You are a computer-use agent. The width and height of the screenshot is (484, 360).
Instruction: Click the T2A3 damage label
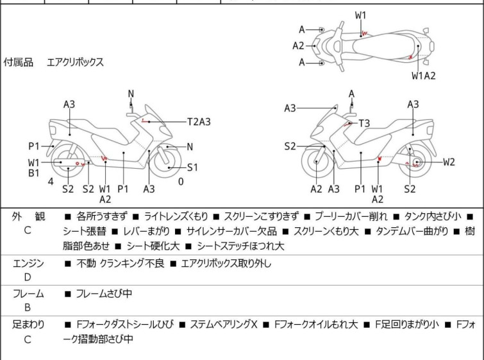click(x=199, y=121)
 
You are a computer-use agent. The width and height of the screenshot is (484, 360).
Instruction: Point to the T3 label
click(x=364, y=123)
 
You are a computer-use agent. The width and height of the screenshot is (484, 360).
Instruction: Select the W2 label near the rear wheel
click(x=448, y=162)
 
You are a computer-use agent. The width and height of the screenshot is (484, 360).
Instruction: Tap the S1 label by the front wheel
click(x=193, y=167)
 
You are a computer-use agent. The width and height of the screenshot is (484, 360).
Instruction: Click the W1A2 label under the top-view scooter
click(x=424, y=76)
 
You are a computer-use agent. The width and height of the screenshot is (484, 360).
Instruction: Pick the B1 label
click(x=33, y=173)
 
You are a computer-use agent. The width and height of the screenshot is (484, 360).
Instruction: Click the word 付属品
click(x=19, y=62)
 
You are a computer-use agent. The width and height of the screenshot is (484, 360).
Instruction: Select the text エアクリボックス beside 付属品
click(x=75, y=62)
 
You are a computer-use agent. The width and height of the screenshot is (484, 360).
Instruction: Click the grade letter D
click(x=28, y=277)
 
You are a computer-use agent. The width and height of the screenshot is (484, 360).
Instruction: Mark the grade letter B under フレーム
click(x=28, y=307)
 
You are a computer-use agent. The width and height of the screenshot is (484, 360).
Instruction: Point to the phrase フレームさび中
click(x=104, y=294)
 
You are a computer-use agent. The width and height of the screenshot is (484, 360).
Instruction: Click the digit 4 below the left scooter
click(x=50, y=181)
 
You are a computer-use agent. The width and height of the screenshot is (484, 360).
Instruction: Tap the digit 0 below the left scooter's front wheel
click(x=181, y=181)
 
